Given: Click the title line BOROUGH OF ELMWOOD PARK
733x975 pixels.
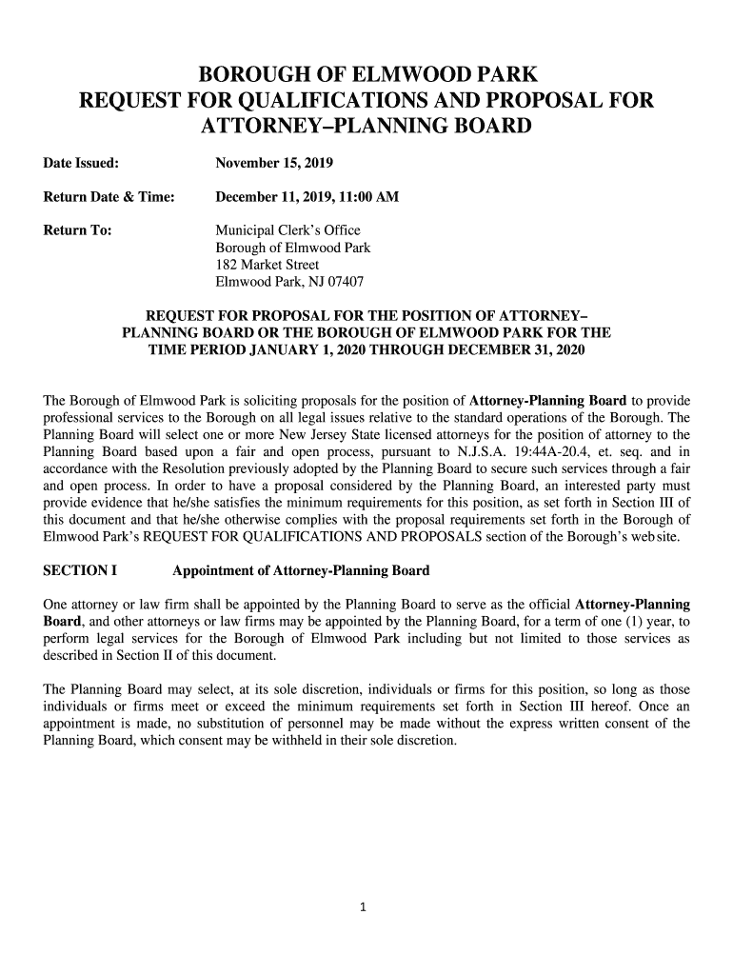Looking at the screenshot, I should pyautogui.click(x=366, y=74).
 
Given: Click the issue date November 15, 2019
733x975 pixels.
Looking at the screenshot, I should pyautogui.click(x=273, y=163).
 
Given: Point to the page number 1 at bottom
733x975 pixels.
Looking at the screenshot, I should pyautogui.click(x=364, y=906).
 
